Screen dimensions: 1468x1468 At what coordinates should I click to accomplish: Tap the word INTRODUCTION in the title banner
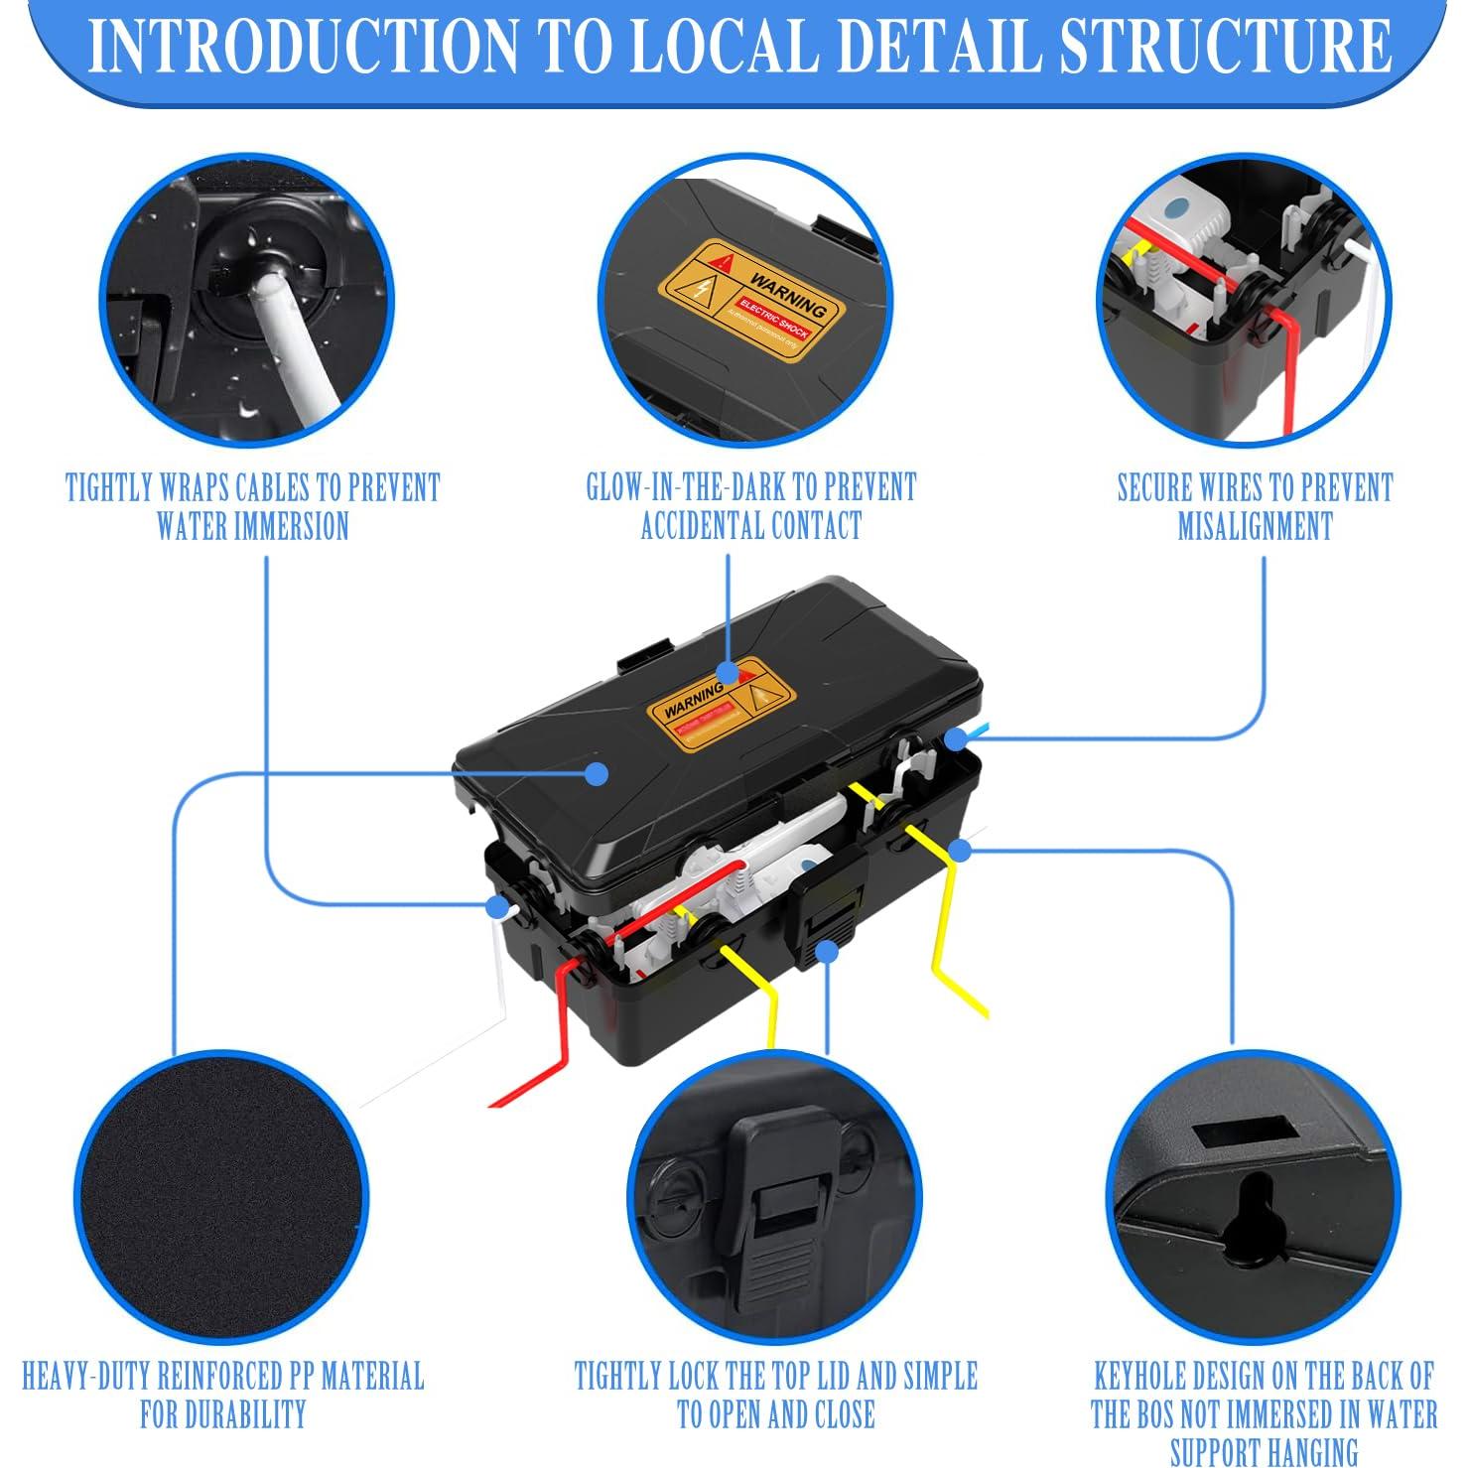[302, 46]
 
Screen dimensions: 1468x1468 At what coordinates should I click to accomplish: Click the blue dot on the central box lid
[596, 773]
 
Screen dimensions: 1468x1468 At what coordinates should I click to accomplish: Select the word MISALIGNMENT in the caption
[1255, 526]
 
